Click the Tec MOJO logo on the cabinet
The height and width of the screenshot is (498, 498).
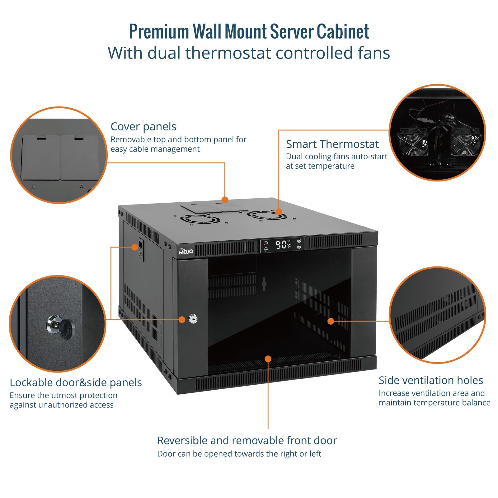click(x=186, y=251)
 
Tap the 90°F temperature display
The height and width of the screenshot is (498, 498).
click(x=282, y=245)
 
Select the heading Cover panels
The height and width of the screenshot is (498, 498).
click(x=143, y=127)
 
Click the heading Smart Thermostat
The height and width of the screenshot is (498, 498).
click(x=332, y=144)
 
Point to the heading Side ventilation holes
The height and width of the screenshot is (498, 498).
click(x=430, y=380)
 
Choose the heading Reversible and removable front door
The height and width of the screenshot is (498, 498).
click(x=247, y=440)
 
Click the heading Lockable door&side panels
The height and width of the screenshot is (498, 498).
click(x=76, y=383)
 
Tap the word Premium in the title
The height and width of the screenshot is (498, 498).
click(x=159, y=31)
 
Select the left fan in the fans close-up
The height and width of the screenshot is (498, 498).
click(x=411, y=142)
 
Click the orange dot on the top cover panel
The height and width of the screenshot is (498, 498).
click(x=225, y=200)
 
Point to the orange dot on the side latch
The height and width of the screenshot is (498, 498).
click(x=134, y=247)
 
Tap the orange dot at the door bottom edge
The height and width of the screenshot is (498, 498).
click(x=268, y=359)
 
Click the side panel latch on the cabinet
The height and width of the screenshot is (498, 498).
click(x=141, y=249)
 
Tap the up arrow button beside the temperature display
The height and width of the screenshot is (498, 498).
click(x=299, y=241)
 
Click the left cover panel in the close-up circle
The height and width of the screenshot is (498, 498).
click(x=40, y=157)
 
